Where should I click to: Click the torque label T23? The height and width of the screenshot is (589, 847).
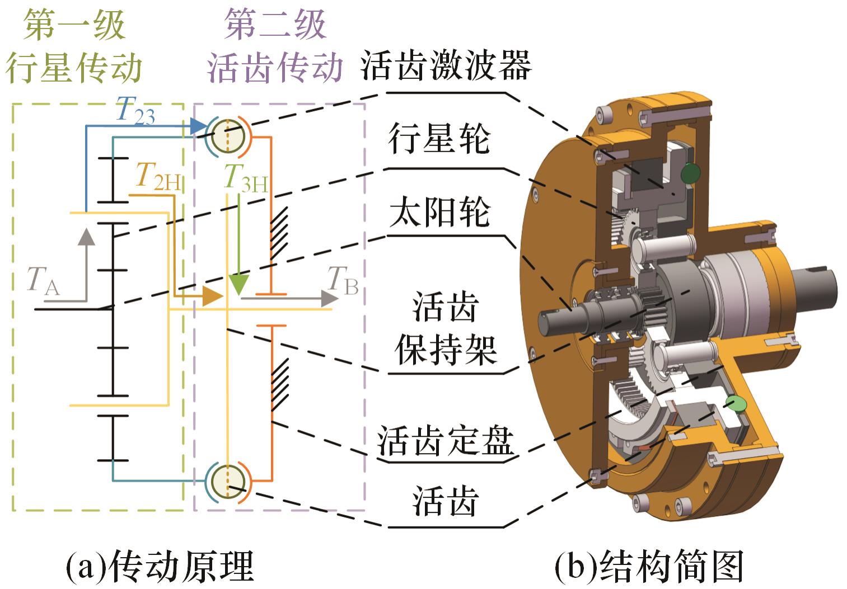[135, 110]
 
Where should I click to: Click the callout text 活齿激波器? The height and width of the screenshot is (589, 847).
[446, 65]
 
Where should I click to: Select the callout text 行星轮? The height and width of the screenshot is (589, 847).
[439, 139]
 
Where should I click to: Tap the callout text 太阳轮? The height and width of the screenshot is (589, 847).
[439, 213]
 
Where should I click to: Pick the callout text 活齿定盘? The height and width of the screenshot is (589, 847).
[446, 440]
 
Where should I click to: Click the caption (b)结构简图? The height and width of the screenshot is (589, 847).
[649, 566]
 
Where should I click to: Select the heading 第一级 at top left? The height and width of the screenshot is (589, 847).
[74, 25]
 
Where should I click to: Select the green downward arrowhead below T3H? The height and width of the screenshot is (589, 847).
[238, 285]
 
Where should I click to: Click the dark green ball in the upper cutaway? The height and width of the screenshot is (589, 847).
[691, 174]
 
